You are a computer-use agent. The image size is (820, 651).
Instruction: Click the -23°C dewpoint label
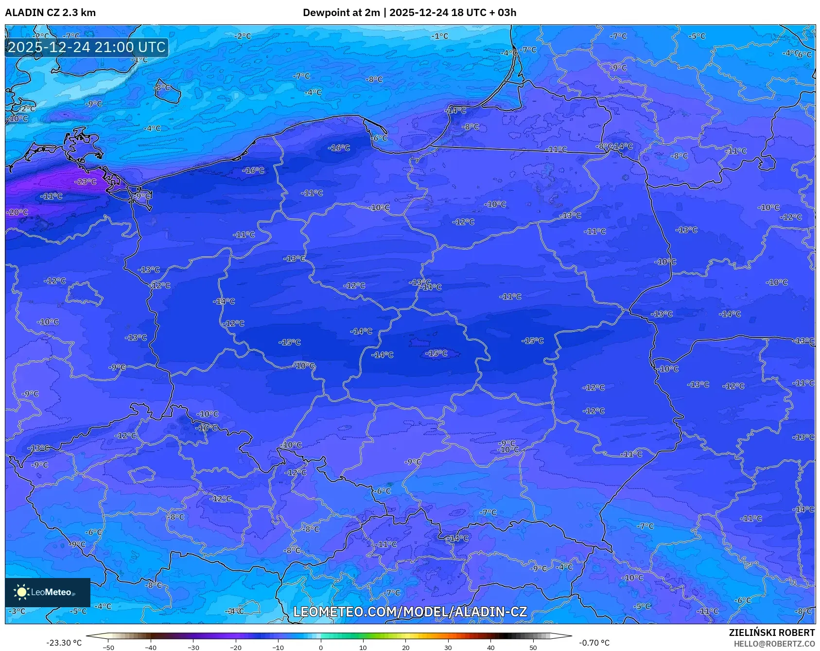(x=86, y=182)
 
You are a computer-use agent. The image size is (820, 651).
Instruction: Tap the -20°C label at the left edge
(x=17, y=213)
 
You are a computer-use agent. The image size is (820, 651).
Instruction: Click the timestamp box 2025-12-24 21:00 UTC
(x=87, y=47)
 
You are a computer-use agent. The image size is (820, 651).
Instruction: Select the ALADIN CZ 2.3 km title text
(x=50, y=13)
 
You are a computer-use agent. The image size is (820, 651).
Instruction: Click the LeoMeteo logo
(x=48, y=592)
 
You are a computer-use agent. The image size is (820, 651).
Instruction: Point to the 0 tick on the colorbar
(x=320, y=647)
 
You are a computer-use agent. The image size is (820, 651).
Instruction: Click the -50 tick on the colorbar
(x=108, y=647)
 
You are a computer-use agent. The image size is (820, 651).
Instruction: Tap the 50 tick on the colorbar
(x=533, y=647)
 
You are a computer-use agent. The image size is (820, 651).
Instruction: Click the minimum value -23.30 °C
(x=64, y=643)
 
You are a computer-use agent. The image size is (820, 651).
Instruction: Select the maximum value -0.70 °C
(x=594, y=643)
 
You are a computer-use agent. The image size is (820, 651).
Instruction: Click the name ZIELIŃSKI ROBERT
(x=771, y=633)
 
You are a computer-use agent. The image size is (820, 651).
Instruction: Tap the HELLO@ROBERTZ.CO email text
(x=774, y=644)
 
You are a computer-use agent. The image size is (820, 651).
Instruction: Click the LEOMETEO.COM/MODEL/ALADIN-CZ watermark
(x=410, y=612)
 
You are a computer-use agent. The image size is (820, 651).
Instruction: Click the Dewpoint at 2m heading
(x=341, y=13)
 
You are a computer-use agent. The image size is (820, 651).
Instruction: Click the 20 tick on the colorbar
(x=405, y=647)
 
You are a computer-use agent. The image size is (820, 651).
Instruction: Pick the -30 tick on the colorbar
(x=193, y=647)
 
